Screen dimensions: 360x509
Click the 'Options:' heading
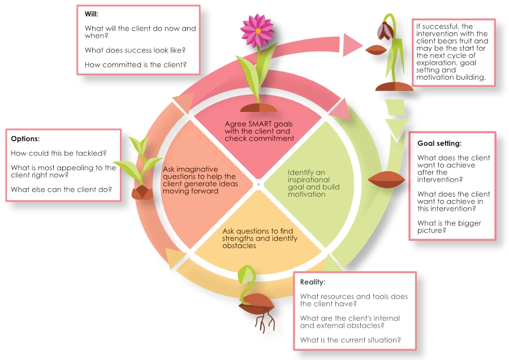coord(25,138)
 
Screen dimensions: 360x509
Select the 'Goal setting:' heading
coord(439,143)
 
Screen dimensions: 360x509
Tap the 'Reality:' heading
coord(313,281)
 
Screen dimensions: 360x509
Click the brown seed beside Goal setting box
coord(386,180)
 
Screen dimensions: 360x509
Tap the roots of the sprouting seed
coord(264,323)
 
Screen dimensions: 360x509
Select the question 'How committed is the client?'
coord(136,64)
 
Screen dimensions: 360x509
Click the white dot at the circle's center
coord(257,184)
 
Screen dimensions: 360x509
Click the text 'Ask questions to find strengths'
coord(257,235)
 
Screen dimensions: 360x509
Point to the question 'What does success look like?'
coord(135,50)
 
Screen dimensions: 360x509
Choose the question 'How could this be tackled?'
coord(59,153)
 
